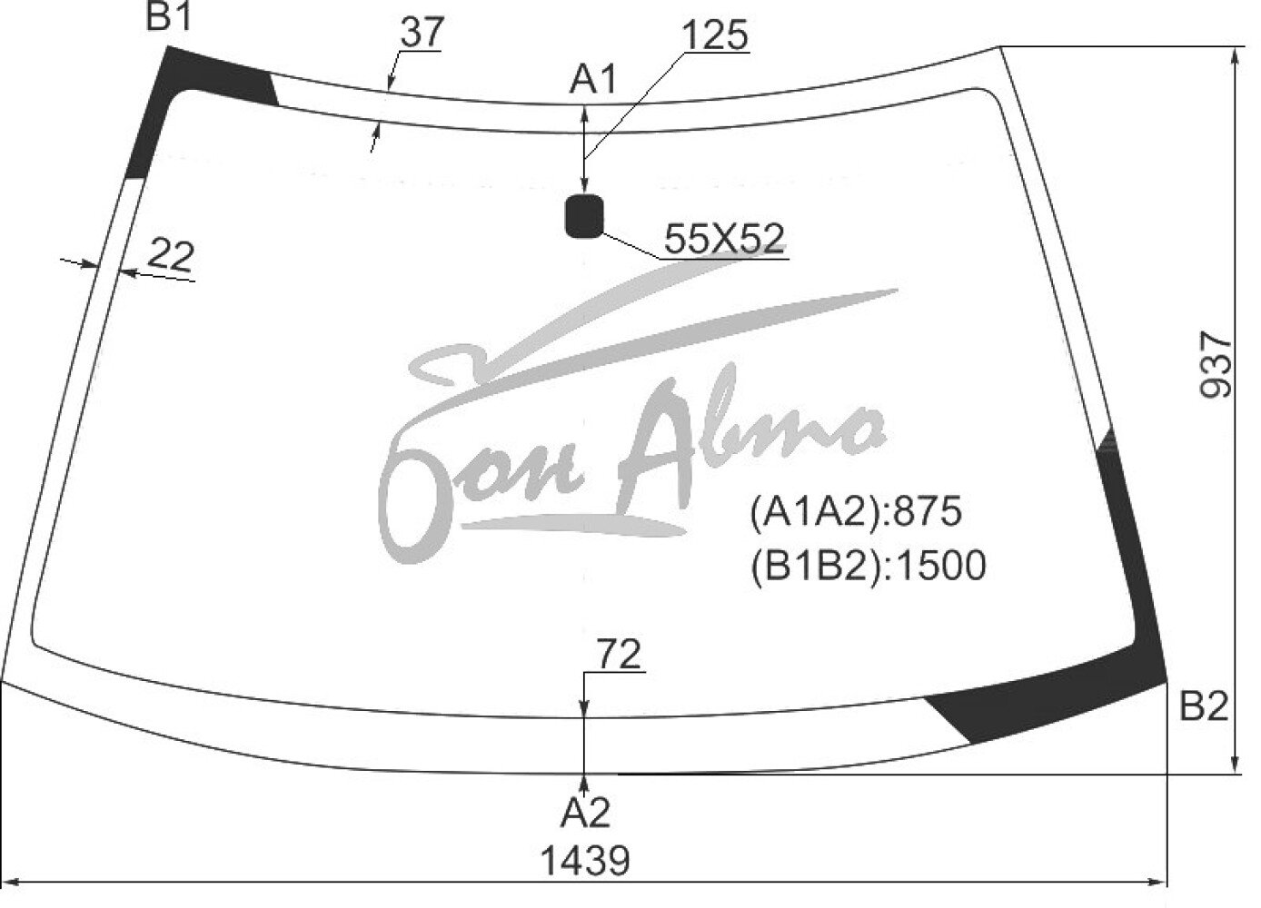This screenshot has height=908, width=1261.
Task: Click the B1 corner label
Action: pyautogui.click(x=169, y=17)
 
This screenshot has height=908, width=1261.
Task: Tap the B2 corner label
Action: pyautogui.click(x=1203, y=706)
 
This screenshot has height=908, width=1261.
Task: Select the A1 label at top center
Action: pyautogui.click(x=592, y=79)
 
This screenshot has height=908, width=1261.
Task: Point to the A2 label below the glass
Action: pyautogui.click(x=585, y=813)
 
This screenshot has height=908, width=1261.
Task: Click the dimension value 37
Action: pyautogui.click(x=422, y=32)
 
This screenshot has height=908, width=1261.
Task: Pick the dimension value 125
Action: pyautogui.click(x=715, y=35)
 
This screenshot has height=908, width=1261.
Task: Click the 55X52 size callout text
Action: pyautogui.click(x=724, y=239)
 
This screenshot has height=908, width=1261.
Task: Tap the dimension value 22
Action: pyautogui.click(x=171, y=256)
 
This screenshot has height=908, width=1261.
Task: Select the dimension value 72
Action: pyautogui.click(x=619, y=655)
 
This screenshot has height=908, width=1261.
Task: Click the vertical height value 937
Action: pyautogui.click(x=1216, y=365)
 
